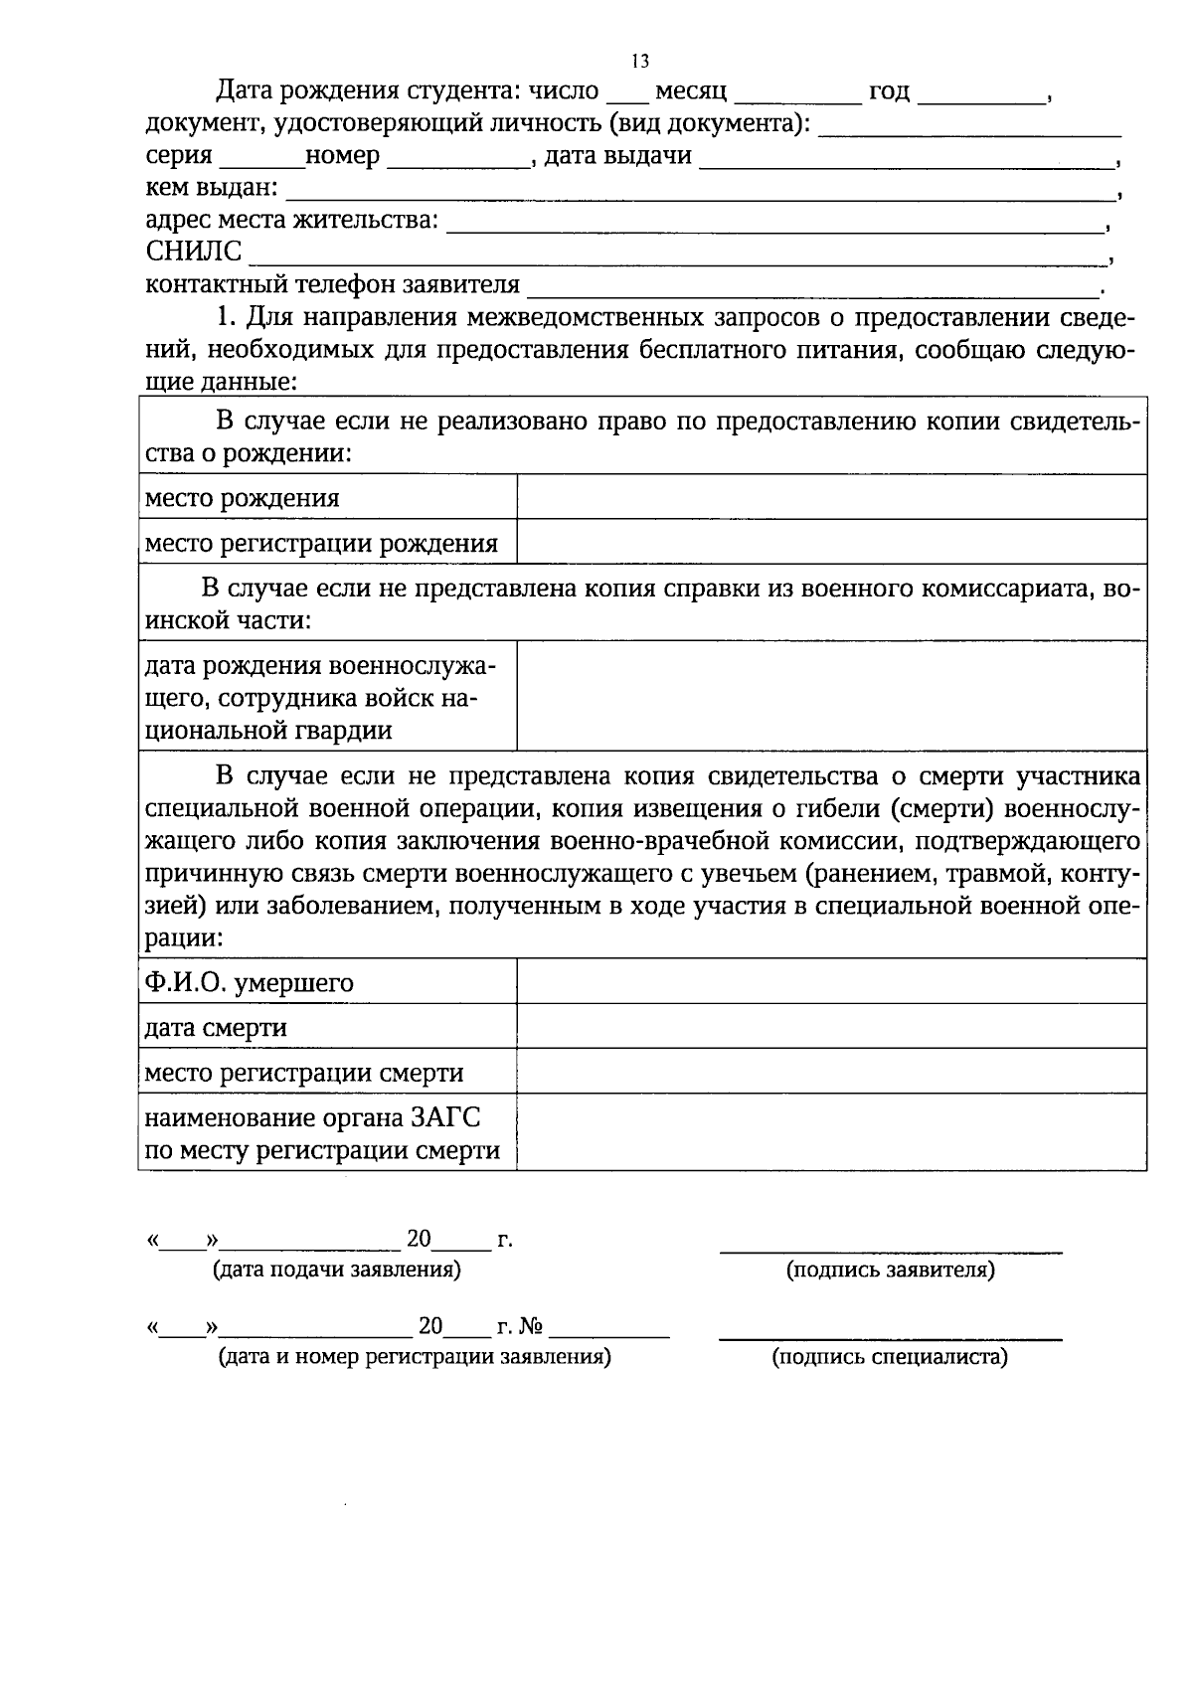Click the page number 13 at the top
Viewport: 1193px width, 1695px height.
(640, 62)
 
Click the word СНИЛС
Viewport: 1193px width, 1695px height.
(194, 252)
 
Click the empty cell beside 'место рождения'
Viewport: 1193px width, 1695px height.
(831, 497)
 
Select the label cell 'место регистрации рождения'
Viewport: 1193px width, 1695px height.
(321, 543)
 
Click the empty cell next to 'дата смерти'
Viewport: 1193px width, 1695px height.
(831, 1026)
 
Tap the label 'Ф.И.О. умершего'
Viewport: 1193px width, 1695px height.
(250, 982)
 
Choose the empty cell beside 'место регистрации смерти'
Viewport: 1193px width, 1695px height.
(831, 1072)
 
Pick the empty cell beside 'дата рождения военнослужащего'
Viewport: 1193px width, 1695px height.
(831, 695)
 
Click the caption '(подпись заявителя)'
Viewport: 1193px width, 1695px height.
(890, 1270)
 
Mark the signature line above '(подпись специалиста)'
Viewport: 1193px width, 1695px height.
(890, 1339)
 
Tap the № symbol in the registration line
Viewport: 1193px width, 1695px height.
(531, 1327)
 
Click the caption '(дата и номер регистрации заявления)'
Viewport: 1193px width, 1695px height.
(414, 1357)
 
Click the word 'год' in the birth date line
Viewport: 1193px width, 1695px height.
(889, 91)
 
